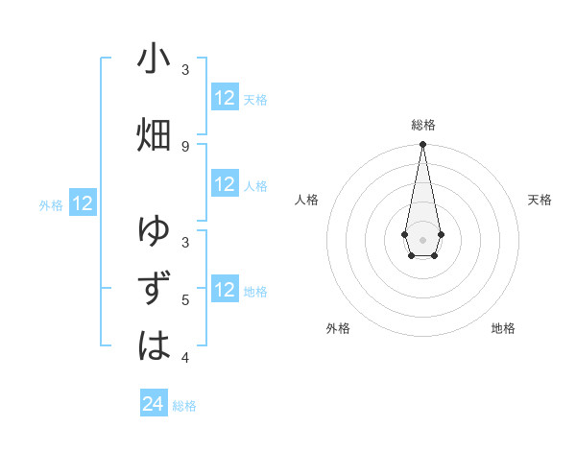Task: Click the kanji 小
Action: pyautogui.click(x=154, y=59)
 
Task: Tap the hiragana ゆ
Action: pyautogui.click(x=154, y=232)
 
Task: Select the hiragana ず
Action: pyautogui.click(x=154, y=289)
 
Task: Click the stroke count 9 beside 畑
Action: pyautogui.click(x=185, y=146)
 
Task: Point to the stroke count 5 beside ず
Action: pyautogui.click(x=185, y=300)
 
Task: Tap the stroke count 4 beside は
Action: pyautogui.click(x=185, y=358)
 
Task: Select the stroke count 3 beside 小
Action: pyautogui.click(x=185, y=70)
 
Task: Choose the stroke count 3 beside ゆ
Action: pyautogui.click(x=185, y=243)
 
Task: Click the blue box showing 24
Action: pyautogui.click(x=154, y=404)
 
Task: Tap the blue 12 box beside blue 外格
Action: pyautogui.click(x=83, y=203)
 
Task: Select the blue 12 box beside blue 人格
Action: pyautogui.click(x=225, y=184)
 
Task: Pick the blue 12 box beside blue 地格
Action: pyautogui.click(x=225, y=290)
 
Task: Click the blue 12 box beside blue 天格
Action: pyautogui.click(x=225, y=98)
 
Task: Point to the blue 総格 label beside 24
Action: pyautogui.click(x=184, y=406)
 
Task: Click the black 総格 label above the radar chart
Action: pyautogui.click(x=423, y=125)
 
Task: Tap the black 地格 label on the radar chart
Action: pyautogui.click(x=503, y=328)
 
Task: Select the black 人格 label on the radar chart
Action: pyautogui.click(x=306, y=200)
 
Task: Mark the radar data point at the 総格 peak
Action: pyautogui.click(x=422, y=145)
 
